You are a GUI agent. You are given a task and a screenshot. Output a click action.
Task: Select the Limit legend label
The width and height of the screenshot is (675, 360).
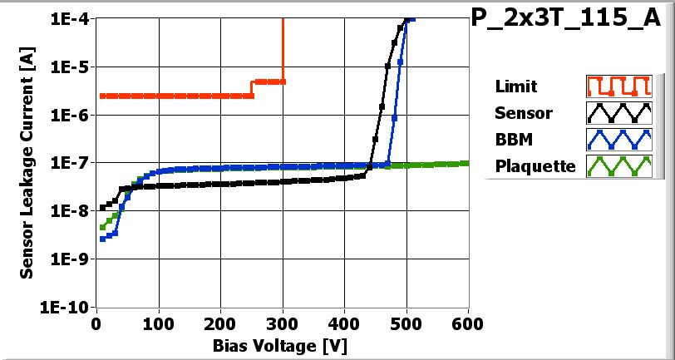(x=515, y=86)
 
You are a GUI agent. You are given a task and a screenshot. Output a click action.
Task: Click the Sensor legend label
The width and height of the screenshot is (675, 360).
(x=523, y=112)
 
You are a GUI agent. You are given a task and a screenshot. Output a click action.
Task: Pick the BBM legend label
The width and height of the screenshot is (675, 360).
(x=513, y=139)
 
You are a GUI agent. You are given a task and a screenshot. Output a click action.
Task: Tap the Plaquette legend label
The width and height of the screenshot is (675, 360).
(x=535, y=165)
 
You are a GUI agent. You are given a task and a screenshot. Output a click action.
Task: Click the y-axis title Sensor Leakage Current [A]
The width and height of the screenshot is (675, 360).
(x=27, y=162)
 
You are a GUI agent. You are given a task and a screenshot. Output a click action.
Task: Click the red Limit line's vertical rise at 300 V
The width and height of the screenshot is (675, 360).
(x=283, y=50)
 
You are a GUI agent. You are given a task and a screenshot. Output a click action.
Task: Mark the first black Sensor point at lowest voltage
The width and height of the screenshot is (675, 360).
(x=102, y=208)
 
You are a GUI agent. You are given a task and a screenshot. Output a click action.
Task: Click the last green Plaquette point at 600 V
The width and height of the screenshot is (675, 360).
(x=467, y=163)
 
